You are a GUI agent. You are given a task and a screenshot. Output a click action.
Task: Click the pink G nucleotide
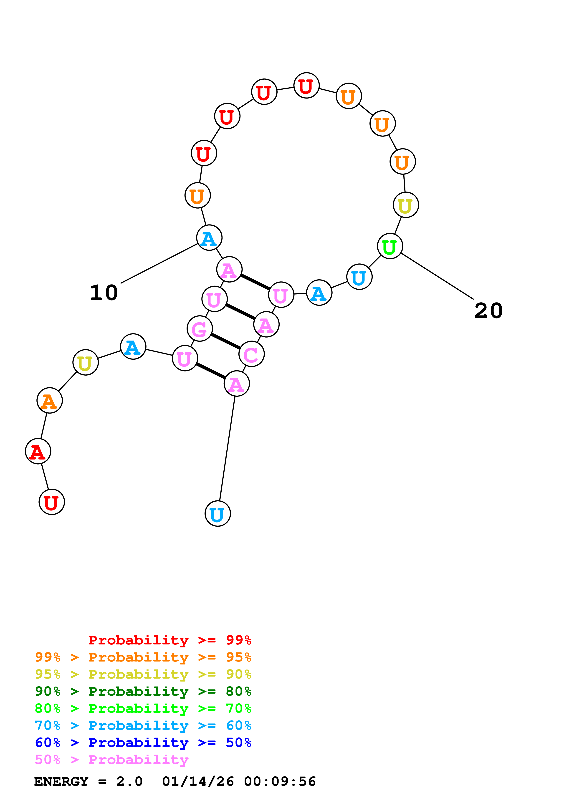coord(200,328)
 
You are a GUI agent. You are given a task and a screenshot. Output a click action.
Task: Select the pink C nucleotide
coord(252,354)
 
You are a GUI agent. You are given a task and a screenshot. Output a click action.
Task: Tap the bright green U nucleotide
coord(390,246)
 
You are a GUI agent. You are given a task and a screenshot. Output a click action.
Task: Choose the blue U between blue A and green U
coord(359,277)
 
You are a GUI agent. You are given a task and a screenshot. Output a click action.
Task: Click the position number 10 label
coord(104,293)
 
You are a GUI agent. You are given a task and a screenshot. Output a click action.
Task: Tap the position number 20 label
coord(488,311)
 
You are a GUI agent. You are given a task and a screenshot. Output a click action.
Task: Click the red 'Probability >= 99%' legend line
coord(169,640)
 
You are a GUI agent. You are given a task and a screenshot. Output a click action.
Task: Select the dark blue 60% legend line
coord(143,743)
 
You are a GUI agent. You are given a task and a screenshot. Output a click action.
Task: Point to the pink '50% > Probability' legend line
coord(111,760)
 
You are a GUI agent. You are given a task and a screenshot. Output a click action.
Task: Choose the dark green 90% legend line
coord(143,692)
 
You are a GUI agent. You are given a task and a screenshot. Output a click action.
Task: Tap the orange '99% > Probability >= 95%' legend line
coord(143,657)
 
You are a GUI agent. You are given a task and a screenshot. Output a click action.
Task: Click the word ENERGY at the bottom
coord(61,782)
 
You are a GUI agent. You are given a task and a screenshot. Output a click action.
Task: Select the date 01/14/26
coord(198,782)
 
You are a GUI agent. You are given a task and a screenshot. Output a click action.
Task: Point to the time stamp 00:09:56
coord(280,782)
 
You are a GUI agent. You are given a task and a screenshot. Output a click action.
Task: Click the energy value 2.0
coord(129,782)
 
